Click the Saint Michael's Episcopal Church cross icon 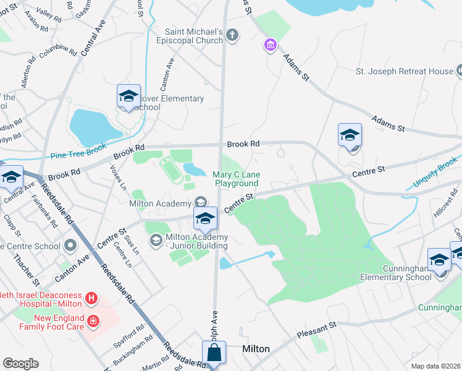pos(232,35)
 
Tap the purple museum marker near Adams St pos(269,45)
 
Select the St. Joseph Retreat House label pos(404,71)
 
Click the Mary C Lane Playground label pos(236,179)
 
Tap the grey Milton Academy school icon pos(200,202)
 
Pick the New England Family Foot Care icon pos(93,321)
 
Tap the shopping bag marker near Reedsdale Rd pos(214,354)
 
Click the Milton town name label pos(256,349)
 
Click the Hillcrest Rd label pos(443,207)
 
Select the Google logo pos(20,364)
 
